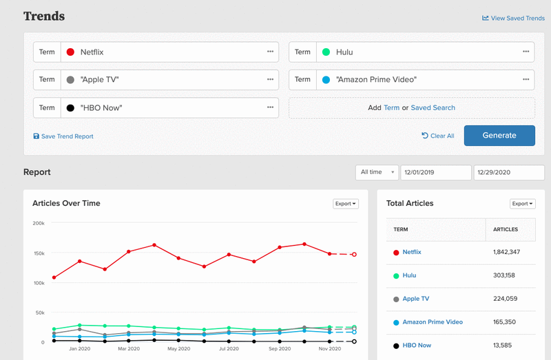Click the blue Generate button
[x=499, y=136]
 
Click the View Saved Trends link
[x=513, y=18]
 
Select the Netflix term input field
[x=165, y=52]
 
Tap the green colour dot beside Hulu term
[x=326, y=52]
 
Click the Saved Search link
[x=433, y=107]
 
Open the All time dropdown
[x=376, y=172]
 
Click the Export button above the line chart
[x=345, y=204]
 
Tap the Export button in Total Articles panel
[x=523, y=204]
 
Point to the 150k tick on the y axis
[x=39, y=253]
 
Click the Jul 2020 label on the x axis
[x=229, y=349]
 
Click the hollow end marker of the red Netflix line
[x=354, y=255]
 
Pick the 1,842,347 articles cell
[x=506, y=253]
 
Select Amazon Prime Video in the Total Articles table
[x=433, y=322]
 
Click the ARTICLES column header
[x=506, y=229]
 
